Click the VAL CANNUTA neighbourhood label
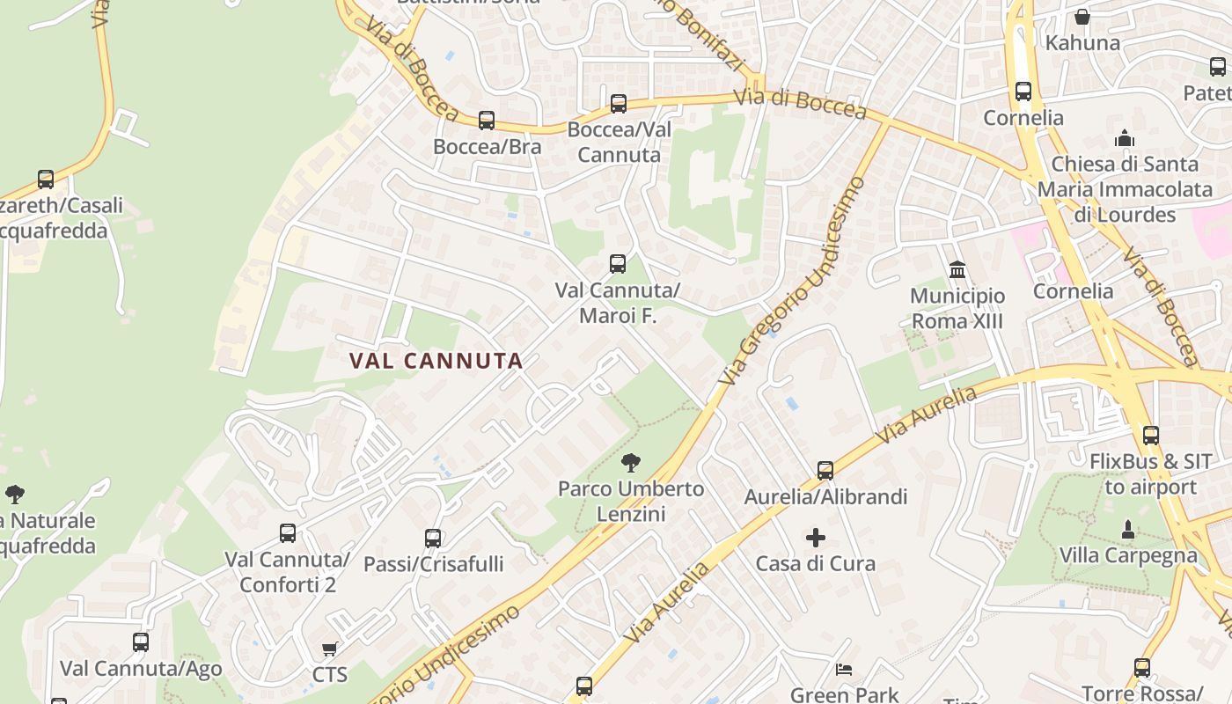coord(436,361)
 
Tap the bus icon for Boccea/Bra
coord(487,121)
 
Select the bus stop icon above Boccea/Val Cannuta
coord(619,104)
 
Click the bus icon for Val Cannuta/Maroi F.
coord(618,264)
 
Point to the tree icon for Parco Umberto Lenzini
coord(630,462)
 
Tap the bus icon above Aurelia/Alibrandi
coord(825,471)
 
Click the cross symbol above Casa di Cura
coord(816,537)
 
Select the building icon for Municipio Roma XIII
coord(957,269)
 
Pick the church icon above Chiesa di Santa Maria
coord(1125,138)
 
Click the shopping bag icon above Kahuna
coord(1082,17)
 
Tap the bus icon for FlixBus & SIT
coord(1150,435)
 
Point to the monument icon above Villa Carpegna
coord(1128,530)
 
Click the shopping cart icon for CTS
coord(330,649)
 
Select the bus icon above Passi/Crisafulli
coord(433,538)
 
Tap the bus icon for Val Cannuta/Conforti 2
coord(288,532)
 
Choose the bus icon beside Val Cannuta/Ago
coord(141,642)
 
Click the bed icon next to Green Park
coord(844,670)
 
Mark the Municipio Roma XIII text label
coord(957,308)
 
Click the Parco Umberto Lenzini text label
coord(631,501)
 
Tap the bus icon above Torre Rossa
coord(1141,668)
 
